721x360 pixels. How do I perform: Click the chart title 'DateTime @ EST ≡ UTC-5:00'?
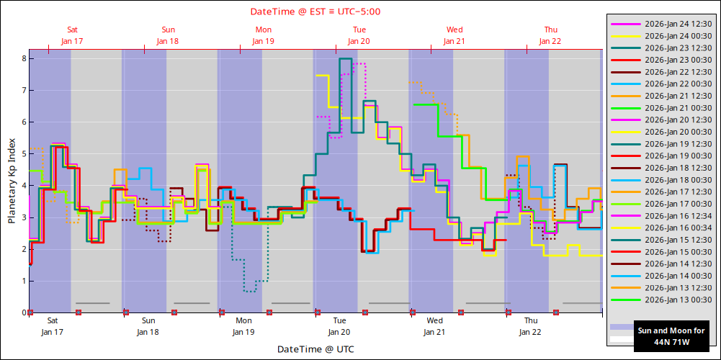point(315,12)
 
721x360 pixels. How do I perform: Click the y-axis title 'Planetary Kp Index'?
point(12,181)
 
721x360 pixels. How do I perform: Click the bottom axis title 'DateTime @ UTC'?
point(315,349)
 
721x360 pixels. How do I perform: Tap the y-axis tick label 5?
point(22,154)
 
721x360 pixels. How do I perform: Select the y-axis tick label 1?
point(22,281)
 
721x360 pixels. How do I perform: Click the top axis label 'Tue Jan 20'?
point(359,35)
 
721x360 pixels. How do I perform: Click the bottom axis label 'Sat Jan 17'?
point(53,326)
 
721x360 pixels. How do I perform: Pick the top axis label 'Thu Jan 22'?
point(550,35)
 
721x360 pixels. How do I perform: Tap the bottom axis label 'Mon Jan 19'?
point(243,326)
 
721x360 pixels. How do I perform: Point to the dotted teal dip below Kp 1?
point(249,291)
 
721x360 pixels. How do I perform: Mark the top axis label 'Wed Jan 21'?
point(454,35)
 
